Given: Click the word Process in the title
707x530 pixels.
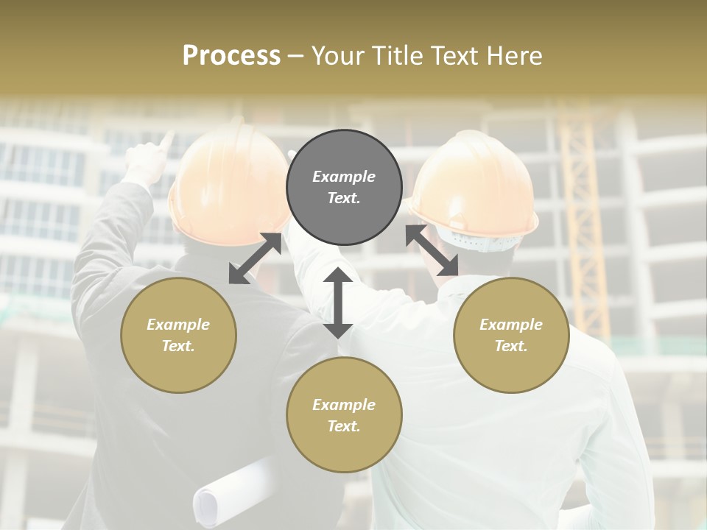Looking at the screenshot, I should tap(231, 56).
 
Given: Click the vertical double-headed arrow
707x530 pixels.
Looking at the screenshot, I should tap(338, 303).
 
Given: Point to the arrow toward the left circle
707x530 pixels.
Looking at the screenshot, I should tap(255, 258).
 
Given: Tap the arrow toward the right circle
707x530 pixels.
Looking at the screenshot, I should tap(432, 250).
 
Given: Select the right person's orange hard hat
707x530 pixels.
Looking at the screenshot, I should tap(475, 184).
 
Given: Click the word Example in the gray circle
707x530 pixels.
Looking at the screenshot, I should tap(344, 177).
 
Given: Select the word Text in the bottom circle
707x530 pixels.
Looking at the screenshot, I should tap(343, 426).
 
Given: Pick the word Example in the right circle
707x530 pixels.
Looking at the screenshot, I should tap(511, 325).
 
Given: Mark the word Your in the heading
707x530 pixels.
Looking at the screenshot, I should tap(337, 56).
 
